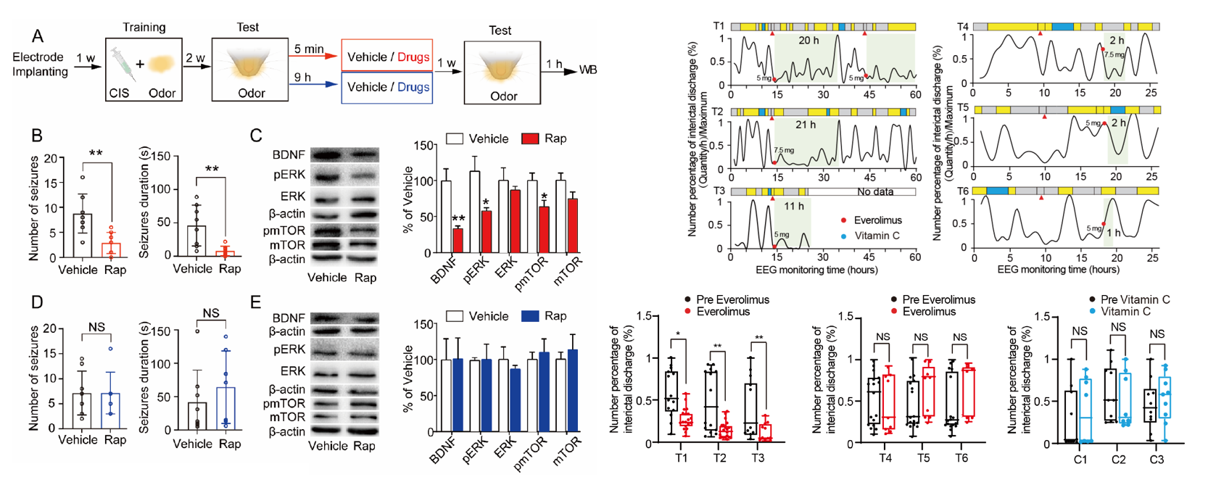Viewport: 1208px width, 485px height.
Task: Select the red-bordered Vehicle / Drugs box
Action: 387,56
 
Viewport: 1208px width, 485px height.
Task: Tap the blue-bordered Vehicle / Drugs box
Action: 387,87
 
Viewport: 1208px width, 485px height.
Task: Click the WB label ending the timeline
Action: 588,70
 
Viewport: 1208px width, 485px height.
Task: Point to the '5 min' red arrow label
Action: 309,49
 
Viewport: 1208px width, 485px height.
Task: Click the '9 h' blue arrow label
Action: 303,78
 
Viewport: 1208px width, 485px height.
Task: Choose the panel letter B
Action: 36,135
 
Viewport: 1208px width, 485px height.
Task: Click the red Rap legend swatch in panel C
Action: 531,138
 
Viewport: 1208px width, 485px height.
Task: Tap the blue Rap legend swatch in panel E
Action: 531,316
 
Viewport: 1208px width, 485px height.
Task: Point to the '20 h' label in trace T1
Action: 808,41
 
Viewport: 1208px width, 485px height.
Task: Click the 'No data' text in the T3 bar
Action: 874,192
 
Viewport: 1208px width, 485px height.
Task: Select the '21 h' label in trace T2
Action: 806,125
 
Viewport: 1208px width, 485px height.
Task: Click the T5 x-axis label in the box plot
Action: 923,458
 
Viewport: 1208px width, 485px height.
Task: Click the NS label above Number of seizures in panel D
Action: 96,328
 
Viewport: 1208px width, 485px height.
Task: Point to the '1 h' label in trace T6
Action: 1113,233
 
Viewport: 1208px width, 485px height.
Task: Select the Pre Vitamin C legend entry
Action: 1128,299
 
